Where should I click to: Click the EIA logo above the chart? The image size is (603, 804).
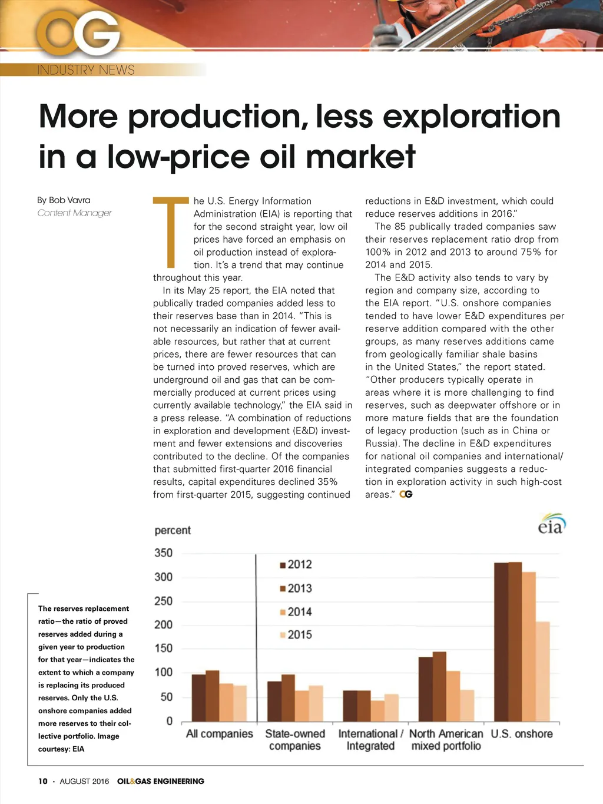click(551, 524)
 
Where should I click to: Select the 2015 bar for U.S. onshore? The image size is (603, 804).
click(542, 671)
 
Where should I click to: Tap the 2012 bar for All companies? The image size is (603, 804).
click(199, 698)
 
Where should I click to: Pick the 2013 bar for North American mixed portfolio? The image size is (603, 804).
click(439, 687)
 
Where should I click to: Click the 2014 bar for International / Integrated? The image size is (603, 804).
click(377, 711)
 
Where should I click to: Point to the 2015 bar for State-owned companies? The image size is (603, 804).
click(316, 704)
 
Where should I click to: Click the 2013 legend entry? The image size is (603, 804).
click(296, 588)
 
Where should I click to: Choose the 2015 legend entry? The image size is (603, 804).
click(296, 635)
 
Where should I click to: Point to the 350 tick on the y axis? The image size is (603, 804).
click(163, 553)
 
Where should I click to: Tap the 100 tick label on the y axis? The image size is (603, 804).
click(163, 673)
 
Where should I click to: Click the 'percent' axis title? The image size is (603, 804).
click(173, 530)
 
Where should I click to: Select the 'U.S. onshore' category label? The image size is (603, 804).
click(522, 734)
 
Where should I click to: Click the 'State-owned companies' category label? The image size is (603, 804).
click(295, 740)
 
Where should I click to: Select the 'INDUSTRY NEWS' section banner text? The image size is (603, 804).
click(86, 70)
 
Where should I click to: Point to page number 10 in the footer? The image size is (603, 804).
click(43, 781)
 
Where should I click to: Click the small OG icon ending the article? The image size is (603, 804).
click(406, 494)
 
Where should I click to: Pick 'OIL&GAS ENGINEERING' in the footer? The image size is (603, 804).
click(161, 781)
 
